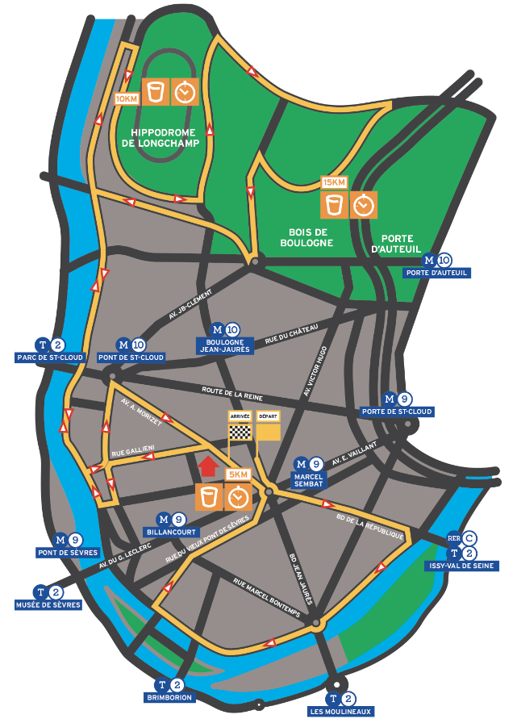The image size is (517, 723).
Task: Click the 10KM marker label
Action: [x=127, y=98]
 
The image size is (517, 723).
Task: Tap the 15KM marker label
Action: [x=334, y=182]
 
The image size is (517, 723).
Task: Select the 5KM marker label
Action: [x=239, y=474]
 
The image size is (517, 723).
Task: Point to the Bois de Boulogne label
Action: [x=306, y=236]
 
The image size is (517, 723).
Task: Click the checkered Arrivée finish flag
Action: [x=240, y=431]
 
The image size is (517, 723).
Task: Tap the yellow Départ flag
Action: [x=268, y=431]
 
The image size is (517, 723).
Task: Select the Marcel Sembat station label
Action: [x=308, y=479]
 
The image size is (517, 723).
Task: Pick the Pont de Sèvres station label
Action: [x=67, y=553]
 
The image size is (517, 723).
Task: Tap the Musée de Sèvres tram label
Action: [x=48, y=604]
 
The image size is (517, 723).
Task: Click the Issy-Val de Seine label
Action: [x=461, y=566]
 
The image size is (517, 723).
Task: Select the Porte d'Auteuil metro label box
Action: [x=436, y=273]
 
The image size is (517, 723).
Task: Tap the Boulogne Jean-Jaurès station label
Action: [x=224, y=346]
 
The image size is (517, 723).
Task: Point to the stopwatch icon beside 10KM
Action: [x=185, y=92]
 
